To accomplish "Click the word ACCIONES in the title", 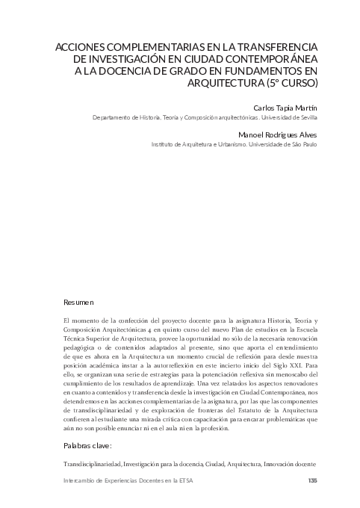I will pyautogui.click(x=76, y=46).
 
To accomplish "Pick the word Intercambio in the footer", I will pyautogui.click(x=84, y=480).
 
